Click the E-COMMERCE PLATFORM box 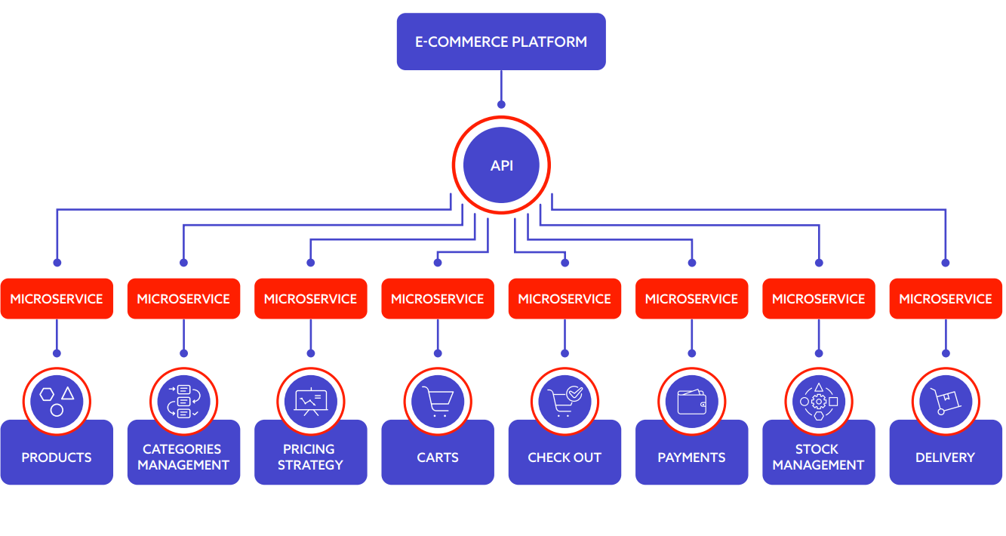(x=501, y=42)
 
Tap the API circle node (x=501, y=165)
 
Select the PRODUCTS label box (x=57, y=457)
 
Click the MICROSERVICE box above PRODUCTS (x=57, y=298)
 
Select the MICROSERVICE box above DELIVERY (x=946, y=298)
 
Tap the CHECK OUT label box (x=565, y=457)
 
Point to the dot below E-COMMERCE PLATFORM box (x=501, y=105)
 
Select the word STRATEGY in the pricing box (x=310, y=465)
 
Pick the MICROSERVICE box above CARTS (x=438, y=298)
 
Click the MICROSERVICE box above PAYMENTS (x=692, y=298)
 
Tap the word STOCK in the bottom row (x=817, y=448)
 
